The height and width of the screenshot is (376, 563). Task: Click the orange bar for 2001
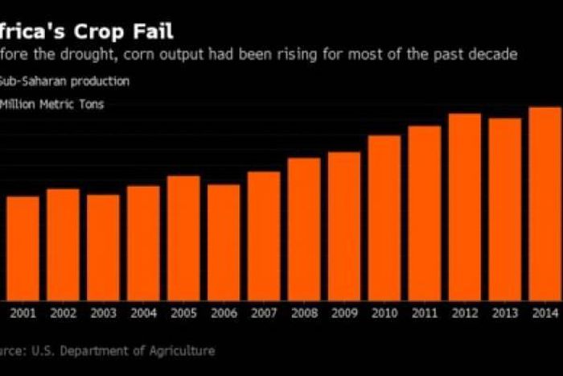(23, 248)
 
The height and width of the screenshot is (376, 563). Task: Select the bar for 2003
(103, 247)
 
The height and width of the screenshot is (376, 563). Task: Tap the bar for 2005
(183, 238)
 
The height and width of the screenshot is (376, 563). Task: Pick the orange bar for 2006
(224, 242)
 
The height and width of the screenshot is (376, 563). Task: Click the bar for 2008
(304, 229)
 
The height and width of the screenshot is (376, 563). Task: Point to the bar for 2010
(384, 217)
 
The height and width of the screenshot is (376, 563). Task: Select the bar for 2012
(465, 207)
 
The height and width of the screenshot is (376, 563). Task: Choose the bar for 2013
(505, 209)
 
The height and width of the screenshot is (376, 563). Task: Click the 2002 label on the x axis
(63, 313)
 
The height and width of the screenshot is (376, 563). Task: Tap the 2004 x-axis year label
(143, 313)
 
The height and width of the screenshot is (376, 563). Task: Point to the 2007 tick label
(264, 313)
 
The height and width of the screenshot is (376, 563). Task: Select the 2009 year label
(344, 313)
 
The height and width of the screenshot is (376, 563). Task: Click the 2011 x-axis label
(425, 313)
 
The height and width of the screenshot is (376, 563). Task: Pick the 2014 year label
(545, 313)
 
